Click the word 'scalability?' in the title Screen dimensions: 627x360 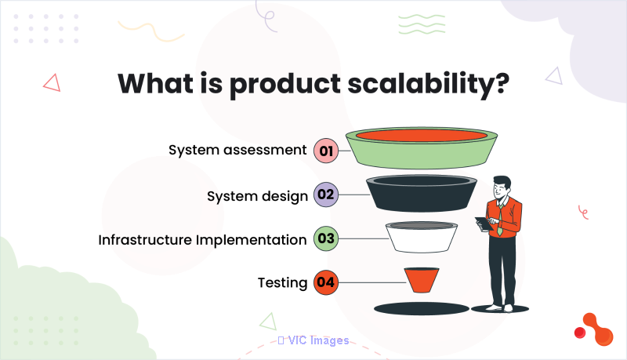[x=428, y=85]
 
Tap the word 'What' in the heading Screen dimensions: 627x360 [x=155, y=84]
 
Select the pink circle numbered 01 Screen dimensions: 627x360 [x=326, y=151]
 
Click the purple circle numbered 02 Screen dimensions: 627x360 [x=326, y=195]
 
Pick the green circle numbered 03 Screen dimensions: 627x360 [x=326, y=238]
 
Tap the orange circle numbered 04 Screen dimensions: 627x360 [x=326, y=282]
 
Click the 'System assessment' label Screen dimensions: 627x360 [x=237, y=150]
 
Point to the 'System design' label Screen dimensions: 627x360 [x=257, y=196]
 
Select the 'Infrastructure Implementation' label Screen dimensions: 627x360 [x=202, y=240]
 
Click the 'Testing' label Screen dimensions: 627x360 [x=282, y=283]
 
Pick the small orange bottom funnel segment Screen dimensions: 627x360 [x=422, y=280]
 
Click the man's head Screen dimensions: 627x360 [x=502, y=187]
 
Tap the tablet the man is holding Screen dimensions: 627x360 [x=484, y=224]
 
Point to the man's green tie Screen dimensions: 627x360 [x=500, y=219]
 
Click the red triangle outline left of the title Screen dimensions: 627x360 [x=52, y=83]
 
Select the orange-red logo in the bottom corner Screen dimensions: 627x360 [x=594, y=329]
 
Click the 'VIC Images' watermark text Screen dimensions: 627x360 [x=318, y=340]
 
